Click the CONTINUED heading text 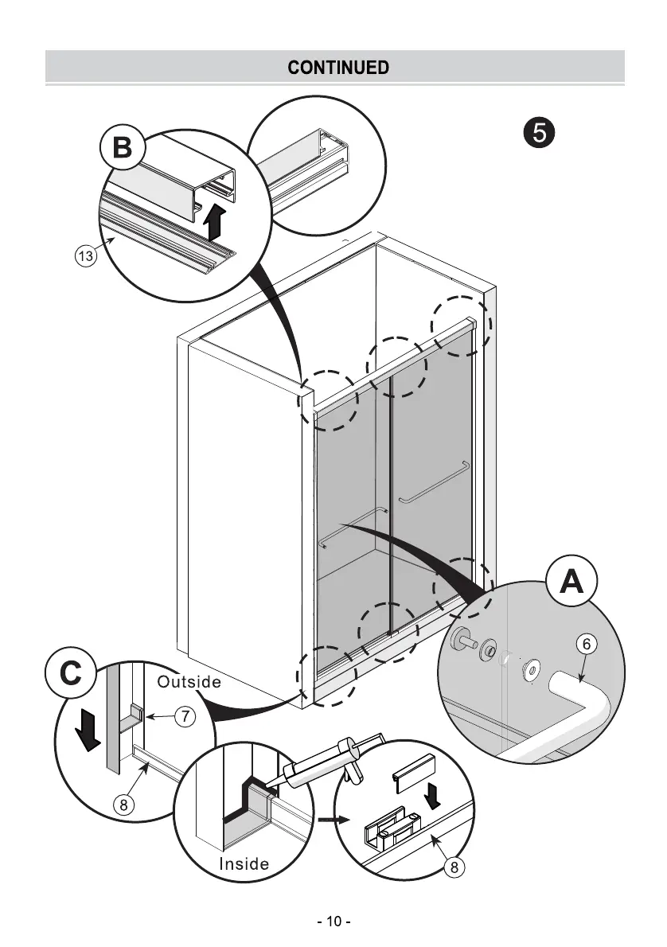click(x=338, y=67)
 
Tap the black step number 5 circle click(x=539, y=132)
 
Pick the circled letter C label click(x=71, y=674)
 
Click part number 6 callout click(x=585, y=645)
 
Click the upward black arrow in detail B click(x=213, y=221)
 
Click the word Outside click(x=189, y=682)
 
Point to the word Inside click(x=244, y=863)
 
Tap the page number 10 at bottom click(x=333, y=922)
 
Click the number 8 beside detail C click(x=123, y=805)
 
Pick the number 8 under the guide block click(x=454, y=867)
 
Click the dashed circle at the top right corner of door click(x=461, y=326)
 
